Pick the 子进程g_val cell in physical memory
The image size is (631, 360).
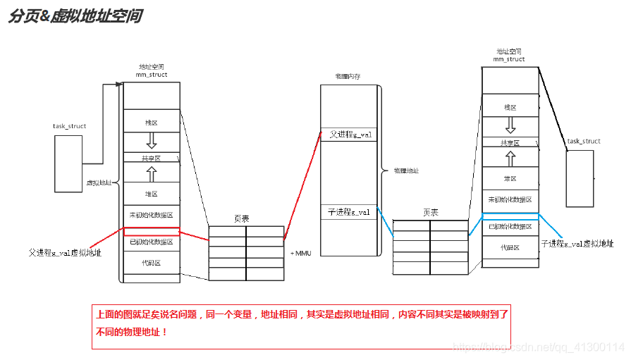(349, 212)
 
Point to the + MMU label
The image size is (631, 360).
(300, 252)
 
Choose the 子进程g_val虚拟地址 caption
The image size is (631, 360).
(577, 243)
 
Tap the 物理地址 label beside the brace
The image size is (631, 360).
(406, 170)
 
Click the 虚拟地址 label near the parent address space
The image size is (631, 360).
(99, 182)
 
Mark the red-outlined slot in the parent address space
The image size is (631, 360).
(152, 231)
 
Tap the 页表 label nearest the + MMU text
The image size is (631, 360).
(241, 219)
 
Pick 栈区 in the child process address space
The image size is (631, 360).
(510, 107)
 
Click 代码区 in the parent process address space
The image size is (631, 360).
(152, 263)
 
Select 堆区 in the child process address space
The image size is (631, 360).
(510, 179)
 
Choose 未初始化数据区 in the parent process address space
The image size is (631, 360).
(152, 215)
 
